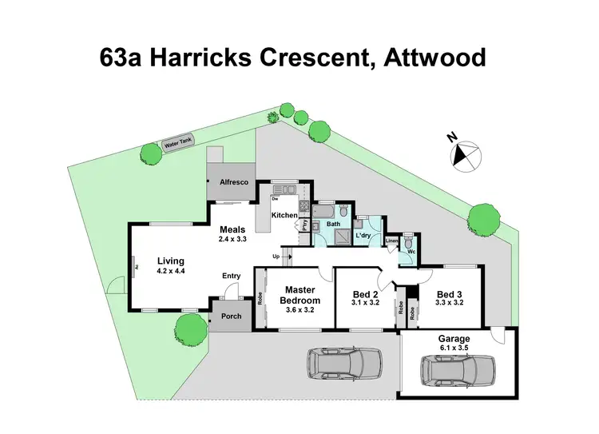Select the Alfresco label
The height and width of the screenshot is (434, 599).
234,183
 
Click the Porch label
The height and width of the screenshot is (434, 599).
232,317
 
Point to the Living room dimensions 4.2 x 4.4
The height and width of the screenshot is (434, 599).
171,271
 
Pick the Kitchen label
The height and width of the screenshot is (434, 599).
284,216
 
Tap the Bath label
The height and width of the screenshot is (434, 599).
333,225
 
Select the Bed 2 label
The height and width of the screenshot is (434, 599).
364,294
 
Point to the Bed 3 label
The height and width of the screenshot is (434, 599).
450,294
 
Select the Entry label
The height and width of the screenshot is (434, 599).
232,276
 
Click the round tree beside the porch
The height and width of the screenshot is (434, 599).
191,327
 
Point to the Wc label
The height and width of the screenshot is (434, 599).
412,252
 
